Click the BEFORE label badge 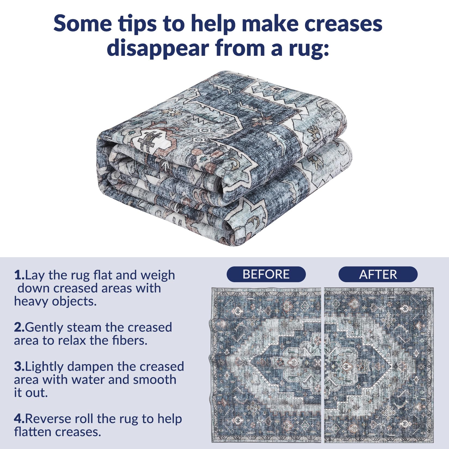coord(266,274)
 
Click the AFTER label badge coord(378,274)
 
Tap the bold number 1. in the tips coord(20,275)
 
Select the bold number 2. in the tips coord(20,327)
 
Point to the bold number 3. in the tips coord(20,367)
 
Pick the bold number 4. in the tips coord(20,419)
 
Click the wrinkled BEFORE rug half coord(266,365)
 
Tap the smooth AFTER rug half coord(379,365)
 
